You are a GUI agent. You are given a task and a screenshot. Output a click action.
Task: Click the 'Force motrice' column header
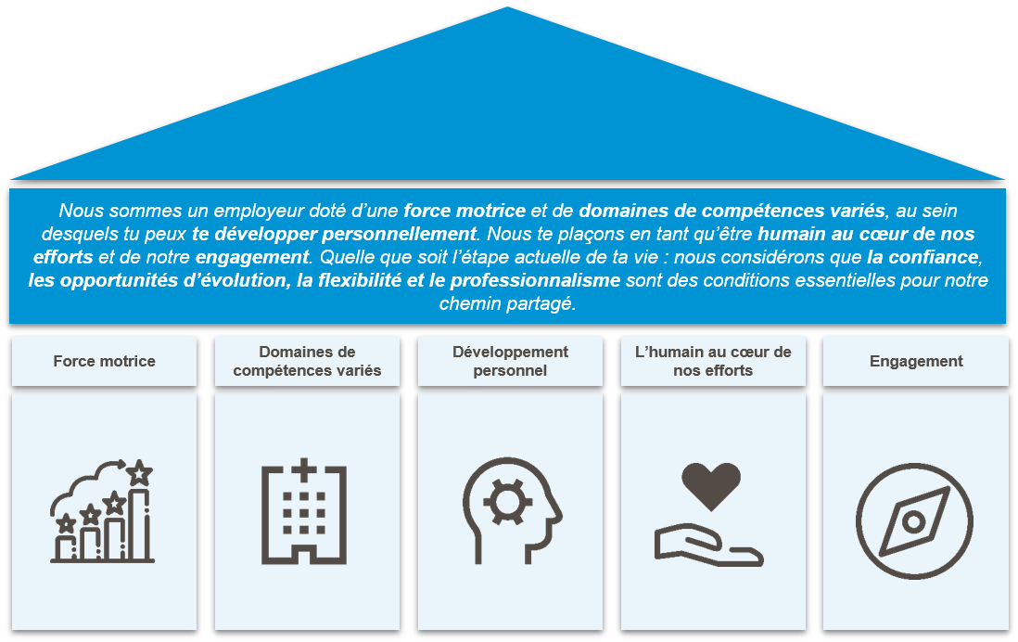(104, 361)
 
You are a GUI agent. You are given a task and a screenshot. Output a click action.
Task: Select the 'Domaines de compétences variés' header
(307, 361)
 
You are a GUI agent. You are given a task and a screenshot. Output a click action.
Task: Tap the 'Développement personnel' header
(510, 361)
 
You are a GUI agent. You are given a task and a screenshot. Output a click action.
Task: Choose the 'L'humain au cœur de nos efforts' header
(712, 361)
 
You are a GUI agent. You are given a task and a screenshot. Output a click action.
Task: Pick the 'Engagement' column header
(916, 361)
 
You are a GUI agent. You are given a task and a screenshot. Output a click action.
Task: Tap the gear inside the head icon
(506, 502)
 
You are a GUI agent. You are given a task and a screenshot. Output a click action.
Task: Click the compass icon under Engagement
(914, 520)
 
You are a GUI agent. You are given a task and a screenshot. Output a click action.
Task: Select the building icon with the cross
(304, 512)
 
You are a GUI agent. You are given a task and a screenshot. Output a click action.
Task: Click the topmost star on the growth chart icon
(140, 473)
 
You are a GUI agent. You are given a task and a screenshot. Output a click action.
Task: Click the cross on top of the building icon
(304, 469)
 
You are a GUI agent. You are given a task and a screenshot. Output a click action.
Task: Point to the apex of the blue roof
(508, 7)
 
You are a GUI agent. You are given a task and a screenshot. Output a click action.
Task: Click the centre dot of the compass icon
(914, 521)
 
